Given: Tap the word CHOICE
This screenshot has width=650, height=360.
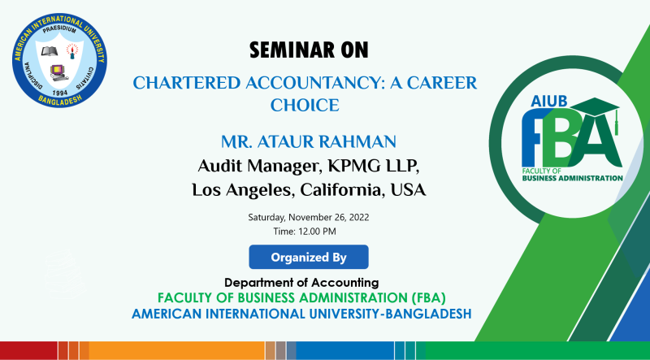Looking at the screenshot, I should click(304, 105).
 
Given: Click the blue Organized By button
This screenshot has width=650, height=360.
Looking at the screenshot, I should click(309, 258).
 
